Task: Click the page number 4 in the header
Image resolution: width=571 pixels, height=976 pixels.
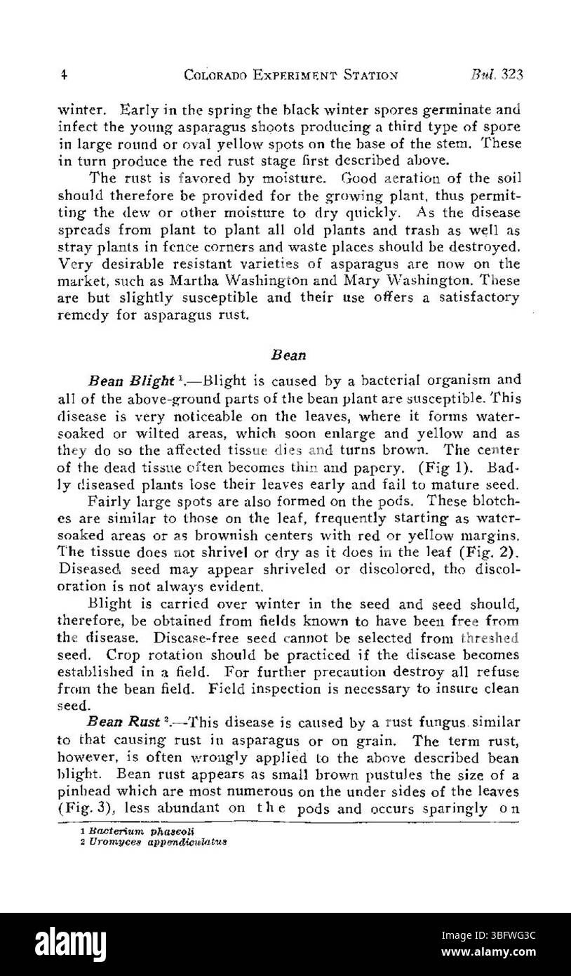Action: [x=62, y=74]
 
